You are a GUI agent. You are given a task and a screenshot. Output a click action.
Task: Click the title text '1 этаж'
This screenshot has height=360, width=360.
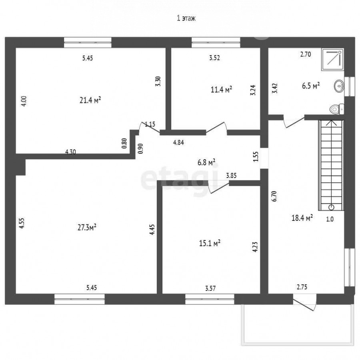click(186, 18)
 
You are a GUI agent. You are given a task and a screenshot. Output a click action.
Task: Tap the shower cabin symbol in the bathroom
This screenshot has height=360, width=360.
click(333, 60)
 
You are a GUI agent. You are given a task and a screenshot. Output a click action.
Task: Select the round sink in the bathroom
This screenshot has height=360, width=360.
click(339, 86)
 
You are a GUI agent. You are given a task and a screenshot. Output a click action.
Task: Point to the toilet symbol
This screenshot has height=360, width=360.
click(337, 109)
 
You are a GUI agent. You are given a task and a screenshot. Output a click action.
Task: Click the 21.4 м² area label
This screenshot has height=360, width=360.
click(90, 100)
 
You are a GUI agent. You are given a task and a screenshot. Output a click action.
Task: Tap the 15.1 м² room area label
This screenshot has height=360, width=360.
click(210, 243)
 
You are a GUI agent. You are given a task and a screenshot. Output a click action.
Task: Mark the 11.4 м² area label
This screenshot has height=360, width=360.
click(221, 89)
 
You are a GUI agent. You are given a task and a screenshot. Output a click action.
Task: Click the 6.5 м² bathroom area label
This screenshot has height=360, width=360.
click(311, 86)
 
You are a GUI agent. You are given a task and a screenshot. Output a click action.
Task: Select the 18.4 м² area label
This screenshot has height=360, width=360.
click(302, 218)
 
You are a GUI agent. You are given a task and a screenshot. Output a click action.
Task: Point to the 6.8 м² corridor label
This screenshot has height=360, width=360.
click(206, 162)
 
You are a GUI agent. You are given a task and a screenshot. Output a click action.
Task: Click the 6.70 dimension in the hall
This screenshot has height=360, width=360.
click(274, 196)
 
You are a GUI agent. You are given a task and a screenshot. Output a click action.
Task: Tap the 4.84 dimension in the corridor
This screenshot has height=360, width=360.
click(178, 142)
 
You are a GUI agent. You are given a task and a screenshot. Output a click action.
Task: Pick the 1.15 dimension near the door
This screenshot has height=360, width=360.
click(150, 124)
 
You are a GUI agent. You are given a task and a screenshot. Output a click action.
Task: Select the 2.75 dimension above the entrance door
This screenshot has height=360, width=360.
click(302, 287)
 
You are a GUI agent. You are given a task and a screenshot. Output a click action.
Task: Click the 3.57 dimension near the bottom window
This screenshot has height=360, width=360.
click(210, 288)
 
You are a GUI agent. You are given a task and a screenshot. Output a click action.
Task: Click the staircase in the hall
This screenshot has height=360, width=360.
click(331, 165)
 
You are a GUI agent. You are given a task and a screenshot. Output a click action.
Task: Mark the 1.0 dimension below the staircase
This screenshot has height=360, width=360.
click(330, 219)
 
